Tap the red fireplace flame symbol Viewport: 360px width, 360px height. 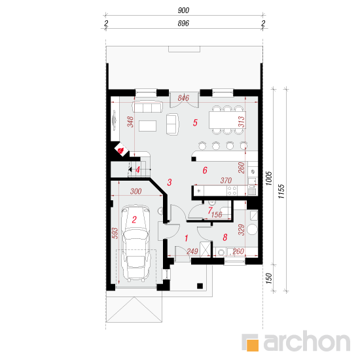click(x=122, y=150)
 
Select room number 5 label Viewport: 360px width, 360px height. click(x=194, y=122)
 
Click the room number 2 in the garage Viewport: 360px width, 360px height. click(x=134, y=221)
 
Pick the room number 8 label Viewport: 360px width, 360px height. click(x=225, y=238)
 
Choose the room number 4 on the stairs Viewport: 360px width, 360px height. click(x=137, y=170)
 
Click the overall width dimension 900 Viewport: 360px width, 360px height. click(x=183, y=10)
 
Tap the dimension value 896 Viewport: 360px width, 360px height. click(x=183, y=24)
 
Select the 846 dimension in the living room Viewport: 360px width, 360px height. click(x=183, y=98)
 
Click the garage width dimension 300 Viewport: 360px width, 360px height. click(x=135, y=192)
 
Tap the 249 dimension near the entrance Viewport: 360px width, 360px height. click(x=192, y=251)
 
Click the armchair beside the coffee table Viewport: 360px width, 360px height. click(x=173, y=123)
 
